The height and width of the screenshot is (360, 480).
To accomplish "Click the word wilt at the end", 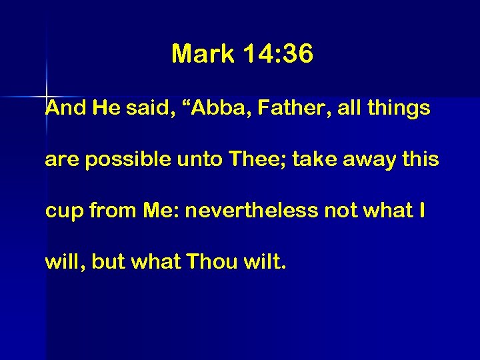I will coord(264,261).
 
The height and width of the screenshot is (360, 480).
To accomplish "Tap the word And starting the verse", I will coord(65,109).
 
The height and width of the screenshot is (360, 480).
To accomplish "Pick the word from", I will coord(111,211).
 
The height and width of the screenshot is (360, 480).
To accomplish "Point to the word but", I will coord(108,261).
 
